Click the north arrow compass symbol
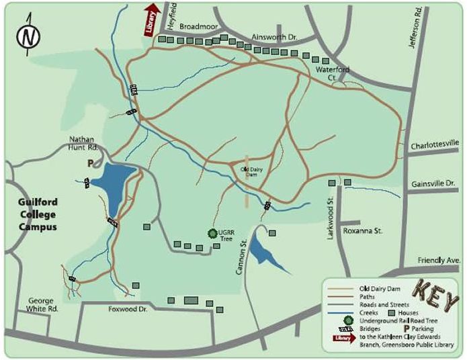pos(27,37)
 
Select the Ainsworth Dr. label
pos(273,38)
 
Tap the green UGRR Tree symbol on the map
pos(212,233)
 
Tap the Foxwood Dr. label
pos(127,310)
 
